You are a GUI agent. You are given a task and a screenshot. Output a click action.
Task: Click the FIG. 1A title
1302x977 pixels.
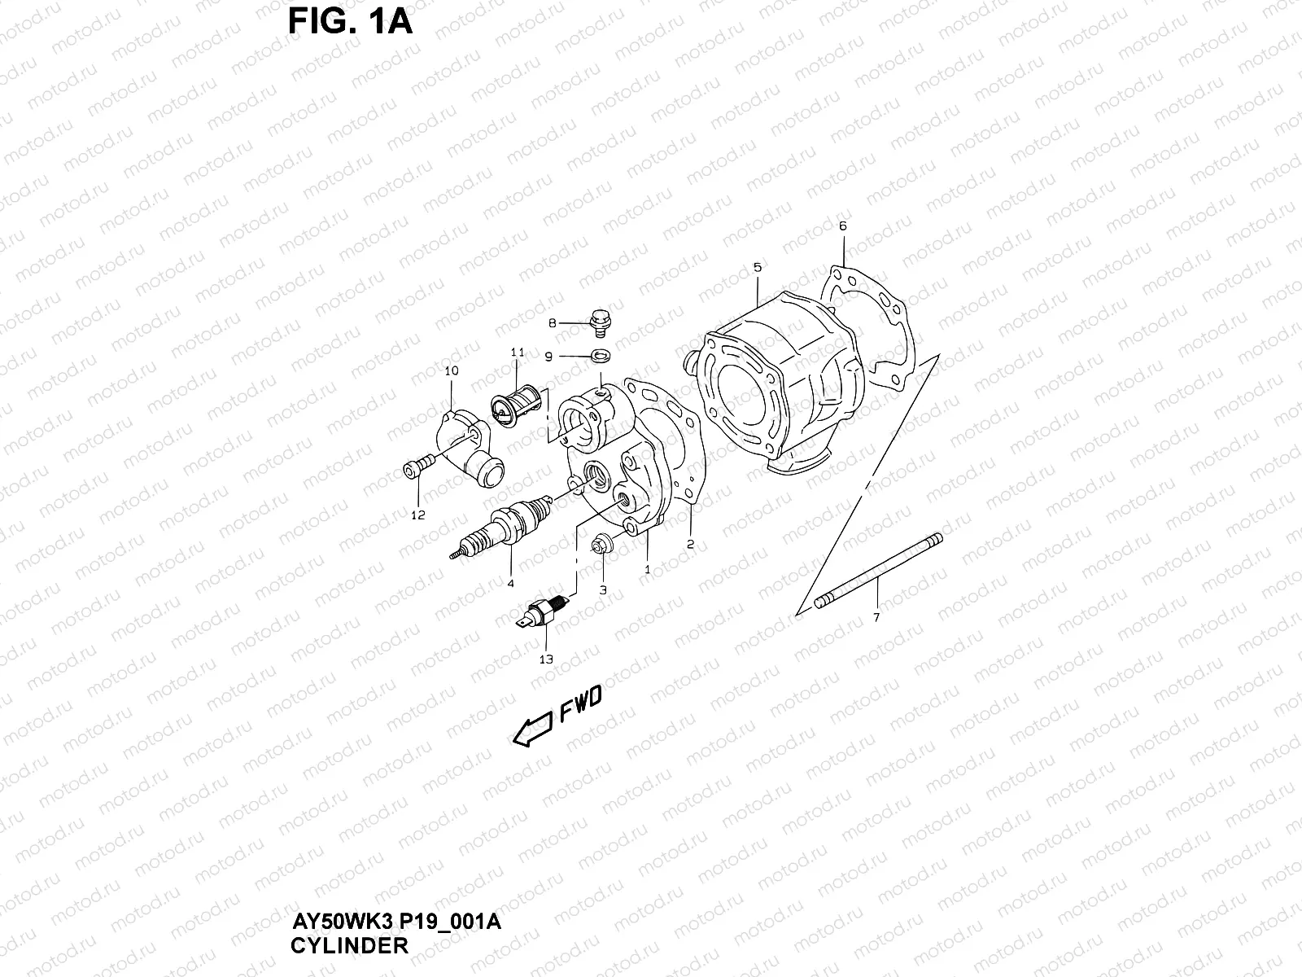coord(351,22)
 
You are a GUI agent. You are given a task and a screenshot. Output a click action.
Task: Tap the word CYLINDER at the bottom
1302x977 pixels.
coord(349,946)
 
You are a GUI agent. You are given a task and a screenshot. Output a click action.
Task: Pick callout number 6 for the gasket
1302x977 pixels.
coord(842,226)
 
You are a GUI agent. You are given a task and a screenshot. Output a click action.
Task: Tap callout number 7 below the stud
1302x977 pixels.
coord(876,617)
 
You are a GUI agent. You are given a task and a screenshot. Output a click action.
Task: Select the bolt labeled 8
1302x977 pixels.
coord(601,320)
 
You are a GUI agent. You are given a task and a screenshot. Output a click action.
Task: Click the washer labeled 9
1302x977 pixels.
coord(600,355)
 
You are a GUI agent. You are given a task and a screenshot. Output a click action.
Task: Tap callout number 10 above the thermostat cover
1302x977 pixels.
coord(452,370)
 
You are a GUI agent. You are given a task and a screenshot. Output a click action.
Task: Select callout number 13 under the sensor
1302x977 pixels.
coord(545,659)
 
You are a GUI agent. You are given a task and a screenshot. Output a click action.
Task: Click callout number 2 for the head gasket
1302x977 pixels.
coord(690,545)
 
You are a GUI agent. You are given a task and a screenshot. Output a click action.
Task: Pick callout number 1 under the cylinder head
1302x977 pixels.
coord(648,570)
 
